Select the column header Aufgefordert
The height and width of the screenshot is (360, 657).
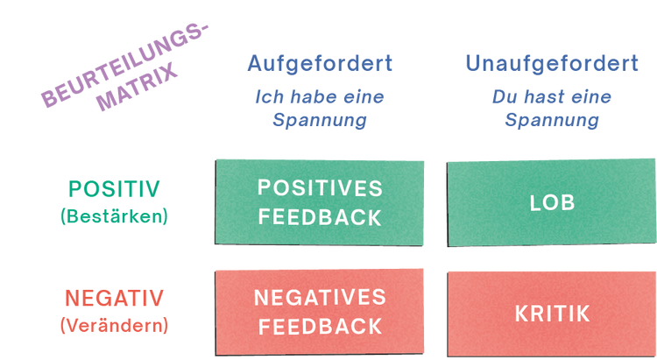pos(319,63)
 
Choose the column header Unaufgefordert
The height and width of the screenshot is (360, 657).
pos(552,63)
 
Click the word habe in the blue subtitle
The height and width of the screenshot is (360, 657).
pos(306,95)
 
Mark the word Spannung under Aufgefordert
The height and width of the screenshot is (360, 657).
pos(319,120)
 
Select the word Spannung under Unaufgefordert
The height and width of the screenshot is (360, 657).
pos(552,120)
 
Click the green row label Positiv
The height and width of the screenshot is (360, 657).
pos(115,189)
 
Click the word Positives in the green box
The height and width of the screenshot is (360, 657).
pos(320,188)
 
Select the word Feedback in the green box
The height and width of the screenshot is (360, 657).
pos(320,217)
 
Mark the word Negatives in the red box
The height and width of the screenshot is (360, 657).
pos(320,297)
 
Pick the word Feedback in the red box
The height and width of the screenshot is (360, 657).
pos(320,326)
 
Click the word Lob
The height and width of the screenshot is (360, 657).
pos(552,202)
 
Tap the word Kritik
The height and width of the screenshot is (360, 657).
pos(552,312)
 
